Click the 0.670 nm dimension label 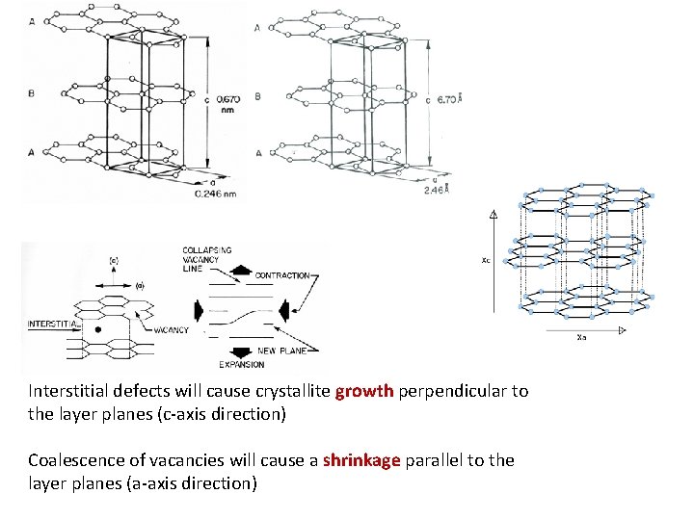click(227, 103)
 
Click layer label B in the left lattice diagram click(31, 94)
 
